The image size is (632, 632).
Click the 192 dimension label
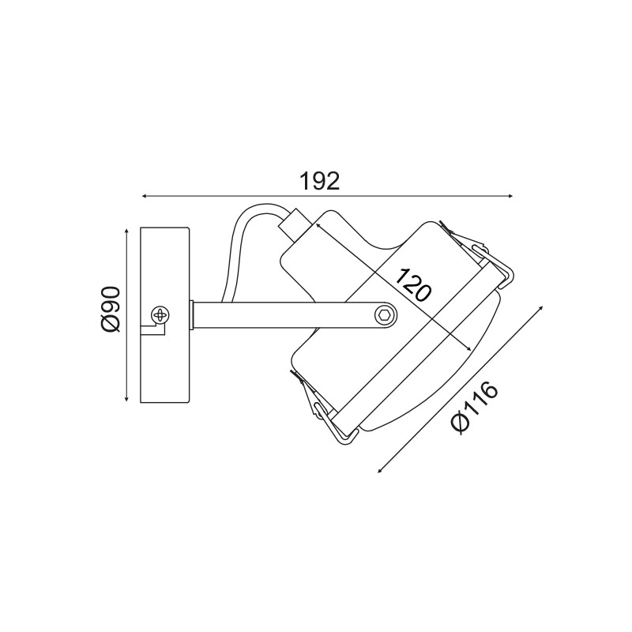point(319,182)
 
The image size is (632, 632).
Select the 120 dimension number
point(412,285)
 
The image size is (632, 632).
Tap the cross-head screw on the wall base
point(160,314)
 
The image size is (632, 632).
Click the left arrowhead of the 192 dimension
point(144,196)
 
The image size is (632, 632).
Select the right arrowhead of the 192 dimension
point(510,196)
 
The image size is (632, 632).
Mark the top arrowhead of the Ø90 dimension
point(126,231)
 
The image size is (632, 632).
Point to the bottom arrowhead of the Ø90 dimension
point(126,399)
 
